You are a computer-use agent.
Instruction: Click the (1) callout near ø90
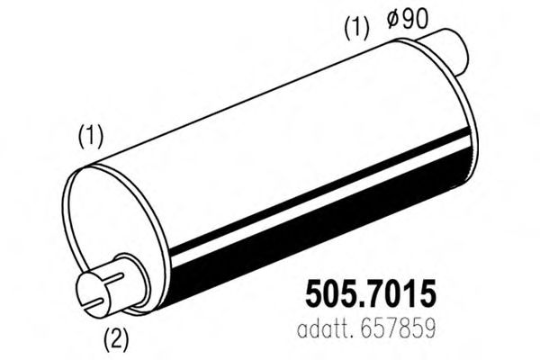(355, 29)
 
